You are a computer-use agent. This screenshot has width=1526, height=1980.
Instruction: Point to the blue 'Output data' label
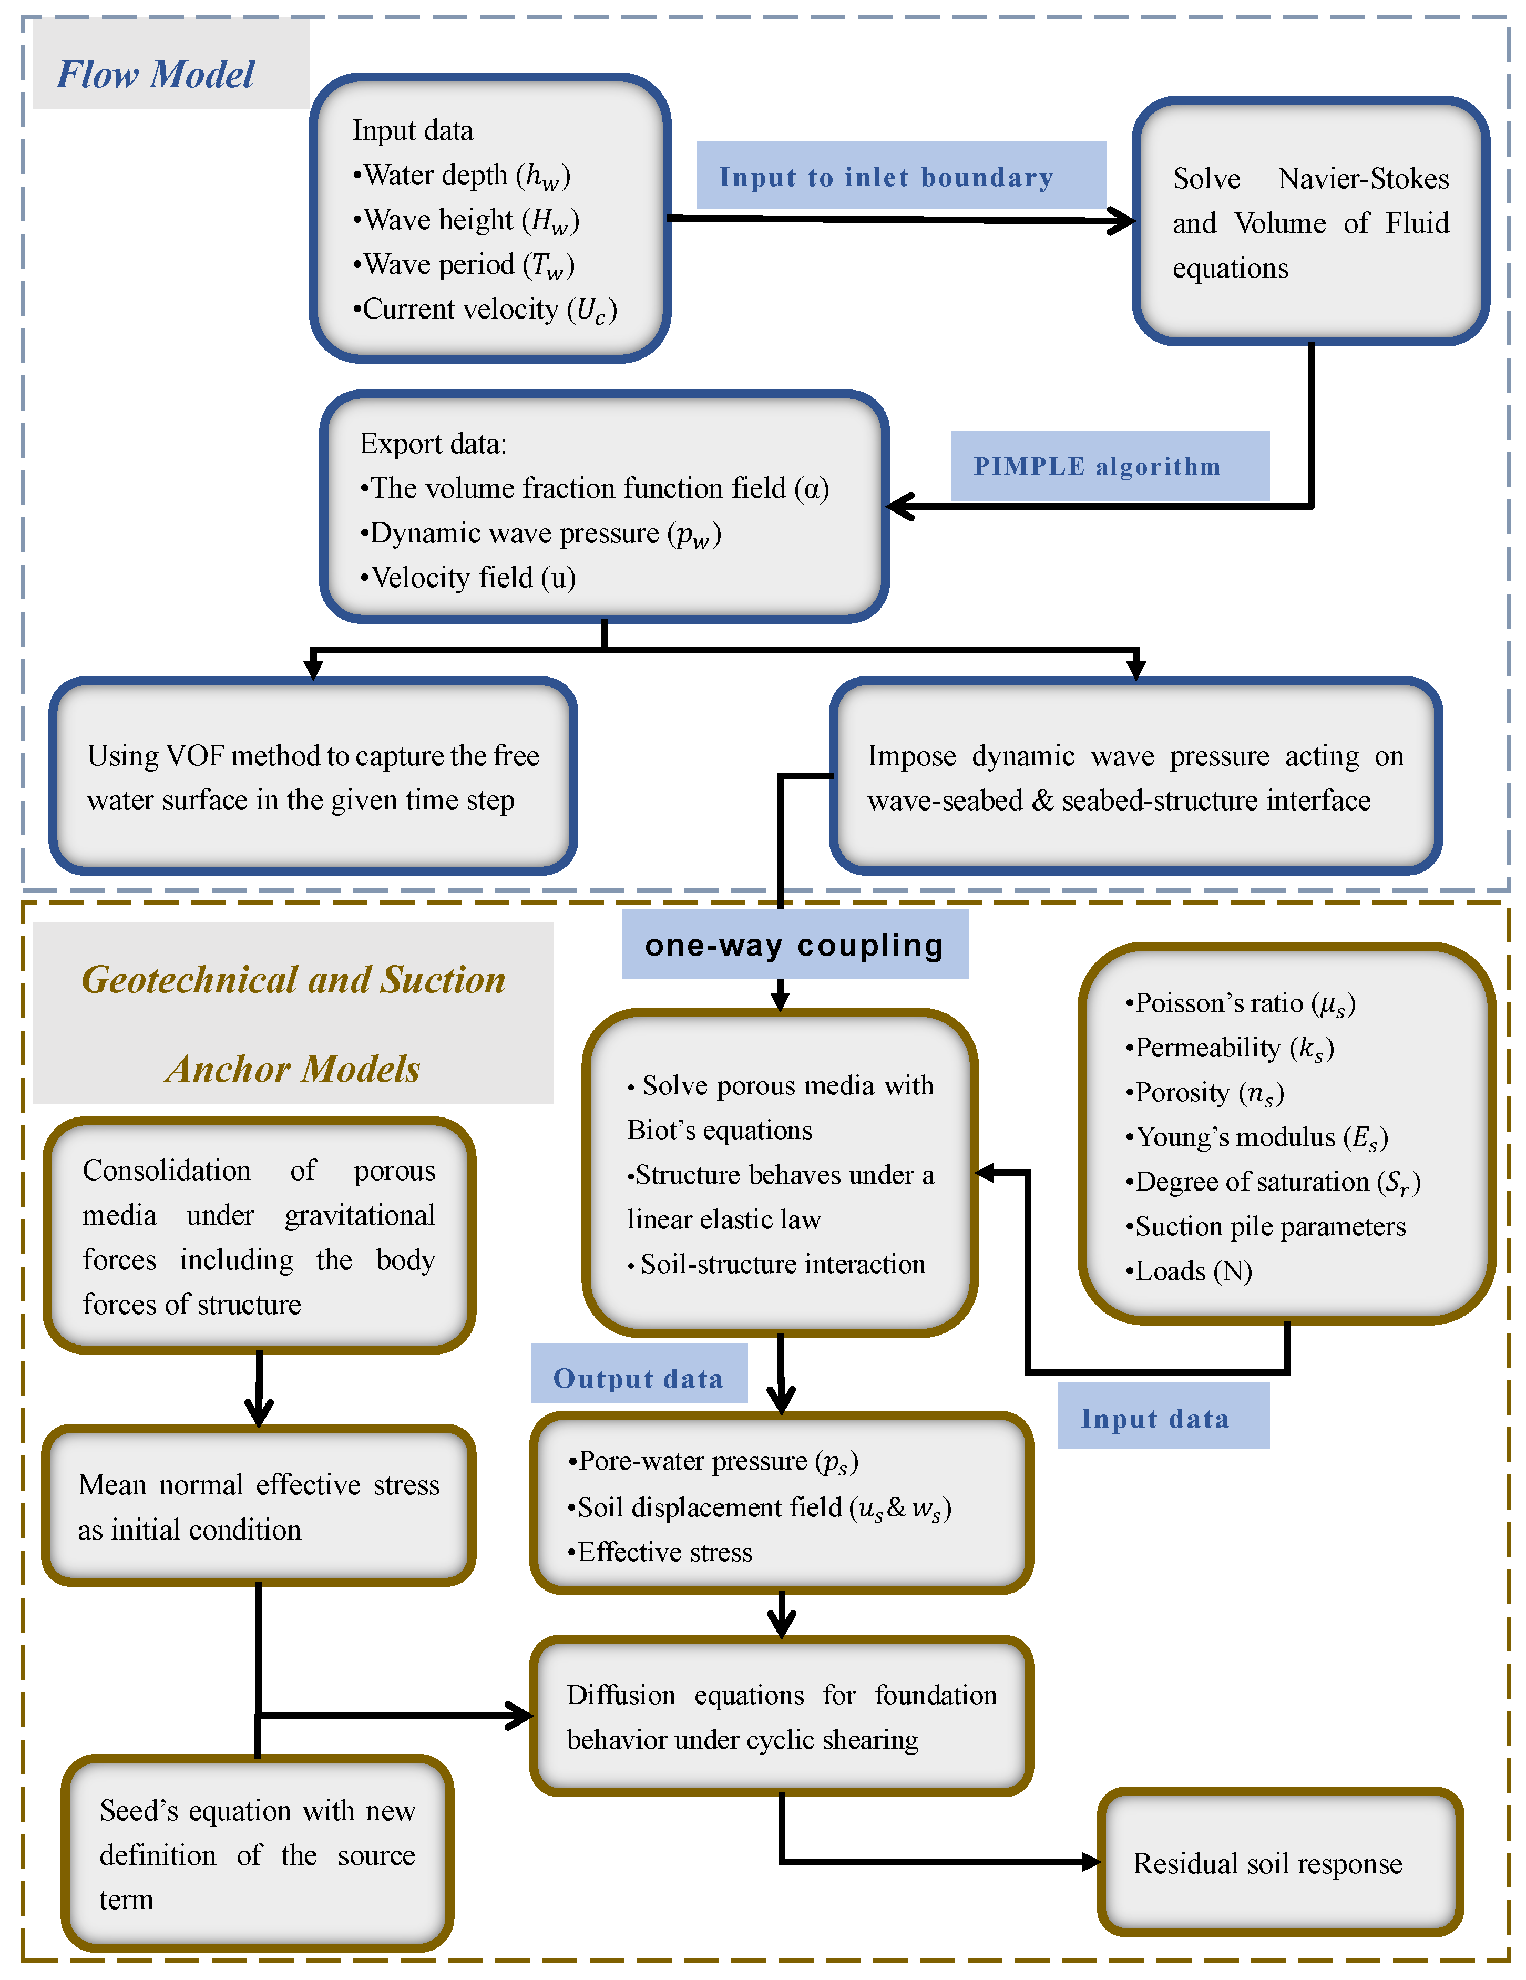638,1379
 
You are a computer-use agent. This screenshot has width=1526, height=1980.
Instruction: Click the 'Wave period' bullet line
463,265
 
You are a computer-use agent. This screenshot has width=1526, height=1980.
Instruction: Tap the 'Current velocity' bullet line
484,310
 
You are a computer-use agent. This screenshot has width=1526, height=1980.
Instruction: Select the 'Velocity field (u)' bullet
468,578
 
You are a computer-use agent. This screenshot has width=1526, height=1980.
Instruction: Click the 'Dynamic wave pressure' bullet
539,533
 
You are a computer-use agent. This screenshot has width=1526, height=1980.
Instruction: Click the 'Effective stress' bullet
660,1552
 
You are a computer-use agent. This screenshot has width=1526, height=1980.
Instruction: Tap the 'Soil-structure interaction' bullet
776,1264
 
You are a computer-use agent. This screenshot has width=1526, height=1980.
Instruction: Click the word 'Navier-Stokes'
1363,179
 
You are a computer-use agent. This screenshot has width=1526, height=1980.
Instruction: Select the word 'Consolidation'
167,1171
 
